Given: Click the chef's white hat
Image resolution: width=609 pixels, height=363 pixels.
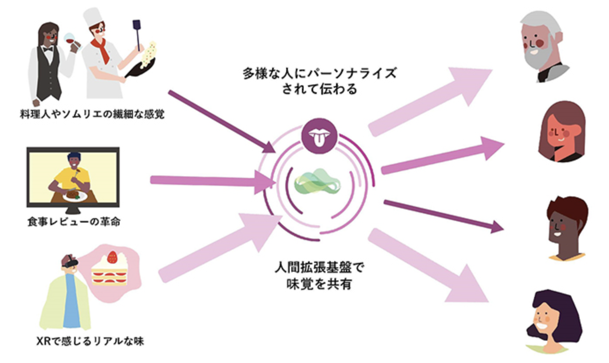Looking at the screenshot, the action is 92,17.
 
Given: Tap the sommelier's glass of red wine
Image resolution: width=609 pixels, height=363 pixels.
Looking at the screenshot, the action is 70,40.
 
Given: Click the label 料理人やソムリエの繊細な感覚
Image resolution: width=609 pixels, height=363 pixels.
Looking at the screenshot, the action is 92,114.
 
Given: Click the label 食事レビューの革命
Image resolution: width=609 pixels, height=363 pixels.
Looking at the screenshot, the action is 74,222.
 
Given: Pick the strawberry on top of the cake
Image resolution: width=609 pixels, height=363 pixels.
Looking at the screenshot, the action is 112,257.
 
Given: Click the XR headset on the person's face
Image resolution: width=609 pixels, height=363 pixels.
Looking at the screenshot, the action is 70,262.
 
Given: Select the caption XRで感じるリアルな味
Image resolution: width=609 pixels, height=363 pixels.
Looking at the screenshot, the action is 90,341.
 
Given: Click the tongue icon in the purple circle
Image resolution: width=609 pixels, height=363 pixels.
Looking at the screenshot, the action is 319,136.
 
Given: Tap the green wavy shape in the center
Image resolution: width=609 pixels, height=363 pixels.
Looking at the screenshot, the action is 317,181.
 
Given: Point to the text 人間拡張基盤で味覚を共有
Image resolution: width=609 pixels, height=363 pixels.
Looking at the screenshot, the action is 319,276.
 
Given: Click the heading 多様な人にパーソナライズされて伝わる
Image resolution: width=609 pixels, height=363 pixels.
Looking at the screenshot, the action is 319,81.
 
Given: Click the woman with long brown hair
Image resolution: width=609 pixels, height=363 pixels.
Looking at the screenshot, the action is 561,132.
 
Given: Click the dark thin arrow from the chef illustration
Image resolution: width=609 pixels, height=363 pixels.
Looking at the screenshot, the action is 222,122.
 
